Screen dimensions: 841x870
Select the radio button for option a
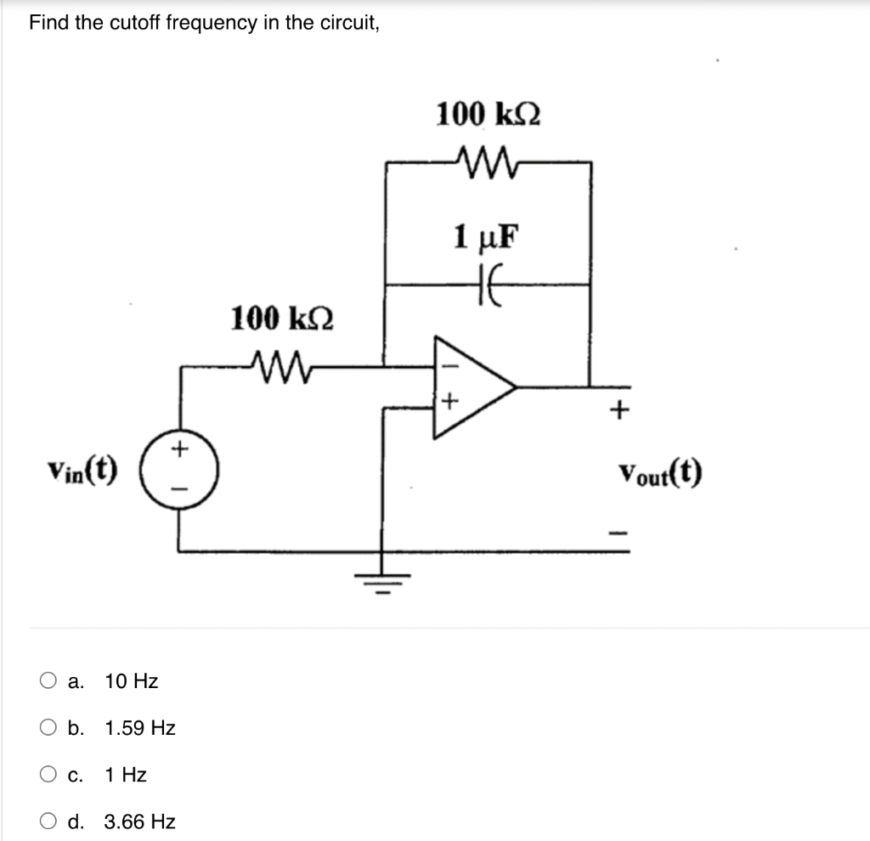click(48, 681)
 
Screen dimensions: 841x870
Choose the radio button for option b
click(48, 728)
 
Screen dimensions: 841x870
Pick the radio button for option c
click(48, 775)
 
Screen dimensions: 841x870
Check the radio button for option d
click(48, 821)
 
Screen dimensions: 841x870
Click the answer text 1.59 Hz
click(140, 728)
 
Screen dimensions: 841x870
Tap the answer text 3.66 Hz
click(140, 821)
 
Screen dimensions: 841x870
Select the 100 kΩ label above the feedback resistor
click(489, 114)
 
